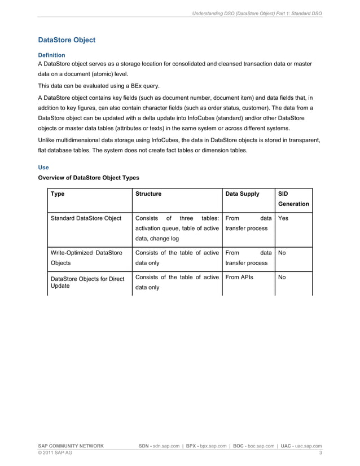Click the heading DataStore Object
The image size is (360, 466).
(66, 41)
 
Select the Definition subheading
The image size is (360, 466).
(51, 55)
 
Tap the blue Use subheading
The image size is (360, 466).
(43, 168)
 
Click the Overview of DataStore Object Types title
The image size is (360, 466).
(88, 178)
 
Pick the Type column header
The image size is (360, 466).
(58, 194)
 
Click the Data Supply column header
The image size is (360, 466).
(242, 194)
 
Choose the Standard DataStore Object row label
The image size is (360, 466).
(86, 218)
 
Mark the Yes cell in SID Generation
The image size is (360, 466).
(283, 218)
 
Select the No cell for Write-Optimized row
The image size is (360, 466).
(282, 253)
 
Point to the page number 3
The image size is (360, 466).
(321, 453)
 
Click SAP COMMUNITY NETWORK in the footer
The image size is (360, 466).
(71, 446)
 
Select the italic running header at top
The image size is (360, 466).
(257, 12)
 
